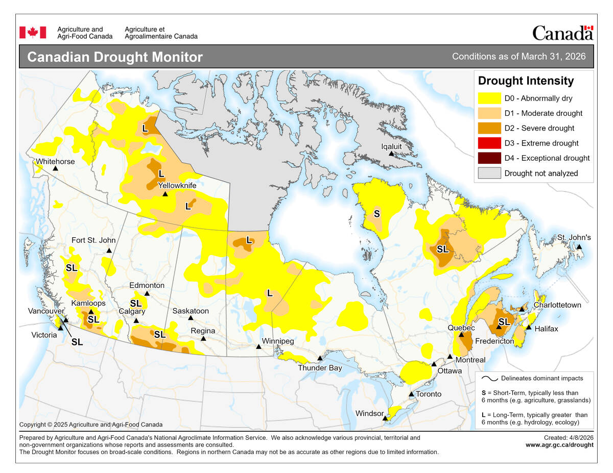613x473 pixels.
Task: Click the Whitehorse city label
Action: (55, 161)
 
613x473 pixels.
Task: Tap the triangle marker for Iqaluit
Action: (391, 154)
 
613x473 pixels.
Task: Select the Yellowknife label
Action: (177, 185)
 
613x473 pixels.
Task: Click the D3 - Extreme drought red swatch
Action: (489, 143)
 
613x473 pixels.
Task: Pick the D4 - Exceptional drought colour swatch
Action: (489, 158)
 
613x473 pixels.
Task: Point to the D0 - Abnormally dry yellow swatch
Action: (489, 98)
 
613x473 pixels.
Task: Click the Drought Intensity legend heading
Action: (526, 81)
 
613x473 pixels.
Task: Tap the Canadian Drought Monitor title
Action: (114, 57)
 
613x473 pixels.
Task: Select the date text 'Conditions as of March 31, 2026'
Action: (518, 56)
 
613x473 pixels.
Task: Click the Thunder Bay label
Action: (320, 367)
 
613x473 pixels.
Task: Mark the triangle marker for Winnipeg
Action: (258, 346)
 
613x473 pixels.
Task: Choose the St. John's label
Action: (574, 237)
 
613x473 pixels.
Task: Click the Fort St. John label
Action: (93, 240)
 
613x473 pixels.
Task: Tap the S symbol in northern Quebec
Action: (376, 213)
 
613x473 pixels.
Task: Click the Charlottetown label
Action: (557, 305)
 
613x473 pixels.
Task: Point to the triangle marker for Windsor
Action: (385, 418)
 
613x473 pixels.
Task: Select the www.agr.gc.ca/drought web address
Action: (559, 444)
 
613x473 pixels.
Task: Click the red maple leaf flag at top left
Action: (33, 33)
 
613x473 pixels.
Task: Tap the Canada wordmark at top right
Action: (562, 33)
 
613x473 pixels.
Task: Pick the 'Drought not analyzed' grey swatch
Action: (489, 173)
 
